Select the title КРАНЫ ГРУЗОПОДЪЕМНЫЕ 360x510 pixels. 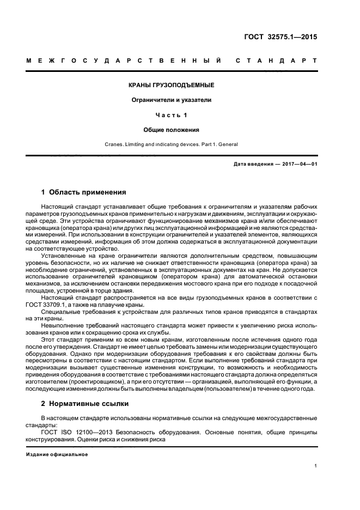click(x=171, y=86)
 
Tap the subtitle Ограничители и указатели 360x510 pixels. click(x=171, y=100)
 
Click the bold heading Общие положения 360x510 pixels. click(x=171, y=130)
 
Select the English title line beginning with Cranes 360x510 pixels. click(x=171, y=144)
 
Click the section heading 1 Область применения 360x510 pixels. click(x=84, y=192)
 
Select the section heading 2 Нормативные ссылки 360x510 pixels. click(x=85, y=404)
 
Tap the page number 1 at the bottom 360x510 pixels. click(x=316, y=466)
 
